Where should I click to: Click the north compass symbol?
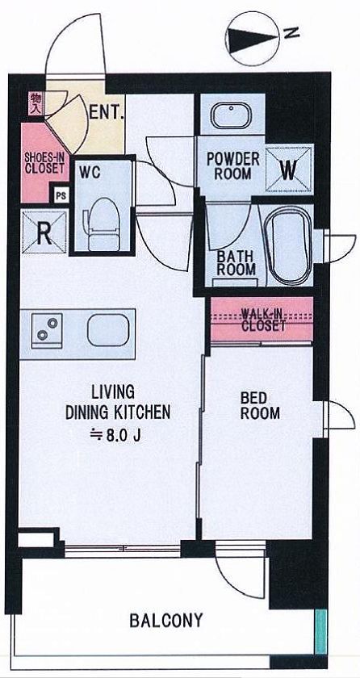(253, 39)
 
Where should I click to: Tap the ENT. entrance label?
(107, 113)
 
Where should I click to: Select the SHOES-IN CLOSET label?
(44, 162)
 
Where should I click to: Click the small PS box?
(61, 195)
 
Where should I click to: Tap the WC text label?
(90, 173)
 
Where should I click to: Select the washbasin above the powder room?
(231, 115)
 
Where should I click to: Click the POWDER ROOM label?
(233, 165)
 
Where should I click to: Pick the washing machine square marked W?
(289, 169)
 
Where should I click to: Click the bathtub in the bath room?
(287, 245)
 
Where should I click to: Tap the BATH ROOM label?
(236, 263)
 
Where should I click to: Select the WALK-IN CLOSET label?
(263, 319)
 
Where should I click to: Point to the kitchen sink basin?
(108, 330)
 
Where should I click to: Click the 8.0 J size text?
(115, 434)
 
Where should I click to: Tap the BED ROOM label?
(260, 405)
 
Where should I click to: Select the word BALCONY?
(166, 621)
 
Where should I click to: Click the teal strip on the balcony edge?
(320, 631)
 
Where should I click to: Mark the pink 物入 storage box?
(36, 105)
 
